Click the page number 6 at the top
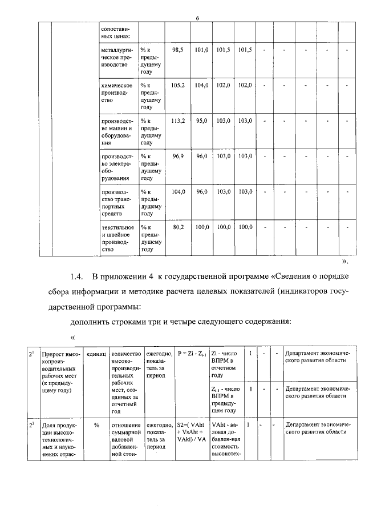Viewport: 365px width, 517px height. click(197, 18)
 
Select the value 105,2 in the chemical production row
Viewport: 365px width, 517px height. click(178, 85)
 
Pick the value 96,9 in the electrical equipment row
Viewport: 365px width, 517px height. click(178, 156)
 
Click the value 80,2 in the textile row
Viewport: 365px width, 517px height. click(178, 227)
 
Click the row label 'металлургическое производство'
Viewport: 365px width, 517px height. click(117, 58)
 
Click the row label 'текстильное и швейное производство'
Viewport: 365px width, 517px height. click(117, 238)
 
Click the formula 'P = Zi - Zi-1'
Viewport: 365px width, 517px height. click(192, 354)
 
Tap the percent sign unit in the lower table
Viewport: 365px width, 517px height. click(96, 425)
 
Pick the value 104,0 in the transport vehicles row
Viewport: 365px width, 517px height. click(178, 191)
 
